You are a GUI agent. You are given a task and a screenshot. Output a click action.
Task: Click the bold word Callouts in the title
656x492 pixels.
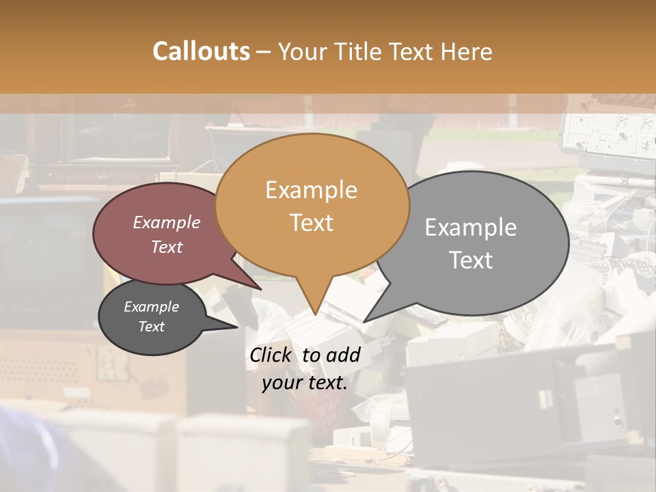click(201, 51)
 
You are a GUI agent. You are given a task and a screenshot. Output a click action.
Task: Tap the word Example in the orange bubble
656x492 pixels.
click(311, 190)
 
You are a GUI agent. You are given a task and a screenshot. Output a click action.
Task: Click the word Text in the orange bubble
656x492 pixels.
click(311, 223)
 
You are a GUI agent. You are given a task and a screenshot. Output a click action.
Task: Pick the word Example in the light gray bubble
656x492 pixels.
click(470, 228)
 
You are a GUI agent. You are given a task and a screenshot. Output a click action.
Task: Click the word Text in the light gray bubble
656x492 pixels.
click(471, 260)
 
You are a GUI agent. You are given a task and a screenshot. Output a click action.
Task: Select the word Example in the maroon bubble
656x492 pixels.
click(167, 222)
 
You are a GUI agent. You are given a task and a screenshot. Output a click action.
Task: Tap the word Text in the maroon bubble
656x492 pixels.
click(167, 247)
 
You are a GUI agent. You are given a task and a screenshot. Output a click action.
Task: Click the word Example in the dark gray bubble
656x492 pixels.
click(151, 307)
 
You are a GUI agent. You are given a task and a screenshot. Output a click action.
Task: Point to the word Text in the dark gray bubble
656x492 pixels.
click(151, 327)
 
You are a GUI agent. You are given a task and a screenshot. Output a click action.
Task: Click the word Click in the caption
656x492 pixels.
click(272, 355)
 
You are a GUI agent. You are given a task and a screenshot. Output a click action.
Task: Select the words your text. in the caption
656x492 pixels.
click(305, 383)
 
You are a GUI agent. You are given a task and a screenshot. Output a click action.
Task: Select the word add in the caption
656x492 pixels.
click(344, 355)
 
